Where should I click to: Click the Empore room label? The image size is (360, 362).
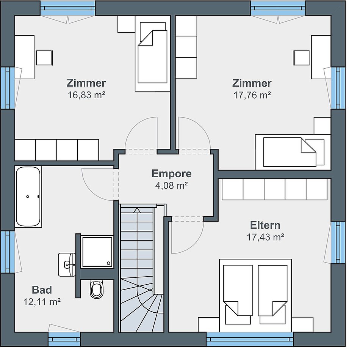pyautogui.click(x=172, y=174)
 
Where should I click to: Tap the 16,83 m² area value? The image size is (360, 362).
pyautogui.click(x=86, y=95)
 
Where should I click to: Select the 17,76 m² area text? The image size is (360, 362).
pyautogui.click(x=252, y=95)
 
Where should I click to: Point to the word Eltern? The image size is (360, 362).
pyautogui.click(x=265, y=225)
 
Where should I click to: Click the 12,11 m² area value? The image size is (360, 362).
pyautogui.click(x=42, y=302)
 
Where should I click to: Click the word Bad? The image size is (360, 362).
pyautogui.click(x=42, y=290)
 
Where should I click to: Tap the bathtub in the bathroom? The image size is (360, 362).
pyautogui.click(x=28, y=197)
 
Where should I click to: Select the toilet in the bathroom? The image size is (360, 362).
pyautogui.click(x=97, y=290)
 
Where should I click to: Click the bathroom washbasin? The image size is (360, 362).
pyautogui.click(x=67, y=264)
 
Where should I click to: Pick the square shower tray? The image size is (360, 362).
pyautogui.click(x=97, y=252)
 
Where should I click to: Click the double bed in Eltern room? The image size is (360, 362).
pyautogui.click(x=255, y=295)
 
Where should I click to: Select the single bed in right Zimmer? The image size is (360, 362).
pyautogui.click(x=293, y=152)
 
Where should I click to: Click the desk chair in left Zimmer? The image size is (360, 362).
pyautogui.click(x=44, y=58)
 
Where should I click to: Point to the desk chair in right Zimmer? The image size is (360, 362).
pyautogui.click(x=301, y=58)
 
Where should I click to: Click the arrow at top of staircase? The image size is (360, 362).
pyautogui.click(x=137, y=210)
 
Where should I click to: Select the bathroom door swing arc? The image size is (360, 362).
pyautogui.click(x=92, y=189)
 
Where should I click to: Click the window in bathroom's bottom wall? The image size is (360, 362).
pyautogui.click(x=64, y=339)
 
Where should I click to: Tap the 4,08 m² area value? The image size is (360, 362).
pyautogui.click(x=172, y=186)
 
